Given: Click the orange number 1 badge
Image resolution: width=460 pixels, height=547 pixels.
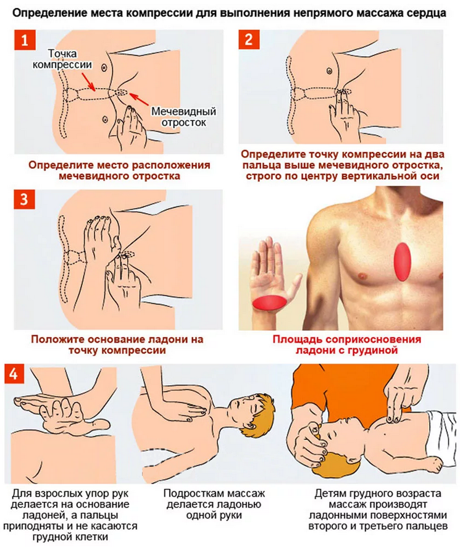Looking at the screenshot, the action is [x=25, y=40].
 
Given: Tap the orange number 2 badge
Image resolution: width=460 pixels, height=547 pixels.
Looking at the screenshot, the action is [x=249, y=39].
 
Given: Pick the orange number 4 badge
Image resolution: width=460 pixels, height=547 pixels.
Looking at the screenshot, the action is [x=14, y=374].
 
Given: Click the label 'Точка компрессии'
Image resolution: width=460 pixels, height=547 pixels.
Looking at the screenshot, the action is [x=62, y=59].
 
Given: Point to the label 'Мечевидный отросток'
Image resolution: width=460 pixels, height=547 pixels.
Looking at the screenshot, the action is [x=183, y=117].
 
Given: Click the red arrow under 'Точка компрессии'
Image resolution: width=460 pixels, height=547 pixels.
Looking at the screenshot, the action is [x=88, y=81].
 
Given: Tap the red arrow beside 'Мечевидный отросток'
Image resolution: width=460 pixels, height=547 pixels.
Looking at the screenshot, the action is [x=139, y=99].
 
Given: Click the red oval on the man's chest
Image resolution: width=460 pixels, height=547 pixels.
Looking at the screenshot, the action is [x=403, y=262].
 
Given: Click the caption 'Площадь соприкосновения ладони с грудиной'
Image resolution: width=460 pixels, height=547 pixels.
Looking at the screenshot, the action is [x=346, y=344].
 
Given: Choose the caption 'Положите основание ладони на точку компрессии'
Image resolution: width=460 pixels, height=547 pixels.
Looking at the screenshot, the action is [x=117, y=344].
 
